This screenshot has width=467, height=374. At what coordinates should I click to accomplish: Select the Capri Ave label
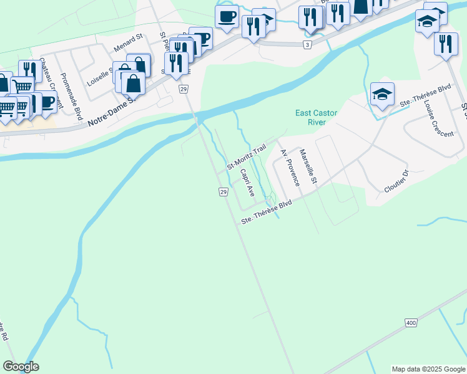247,181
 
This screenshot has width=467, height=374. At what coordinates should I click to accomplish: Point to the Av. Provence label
290,168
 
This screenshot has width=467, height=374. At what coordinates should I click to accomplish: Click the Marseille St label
308,167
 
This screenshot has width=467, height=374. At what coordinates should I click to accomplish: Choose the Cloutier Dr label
396,181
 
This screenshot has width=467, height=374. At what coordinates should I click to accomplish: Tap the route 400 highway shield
410,322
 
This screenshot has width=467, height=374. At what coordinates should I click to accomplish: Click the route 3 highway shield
307,45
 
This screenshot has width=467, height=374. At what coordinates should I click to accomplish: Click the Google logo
21,367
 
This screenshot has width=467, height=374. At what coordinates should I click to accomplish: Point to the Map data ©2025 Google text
428,369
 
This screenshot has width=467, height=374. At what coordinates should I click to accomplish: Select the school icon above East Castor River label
382,95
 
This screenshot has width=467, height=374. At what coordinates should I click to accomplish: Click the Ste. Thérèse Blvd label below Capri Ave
267,214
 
